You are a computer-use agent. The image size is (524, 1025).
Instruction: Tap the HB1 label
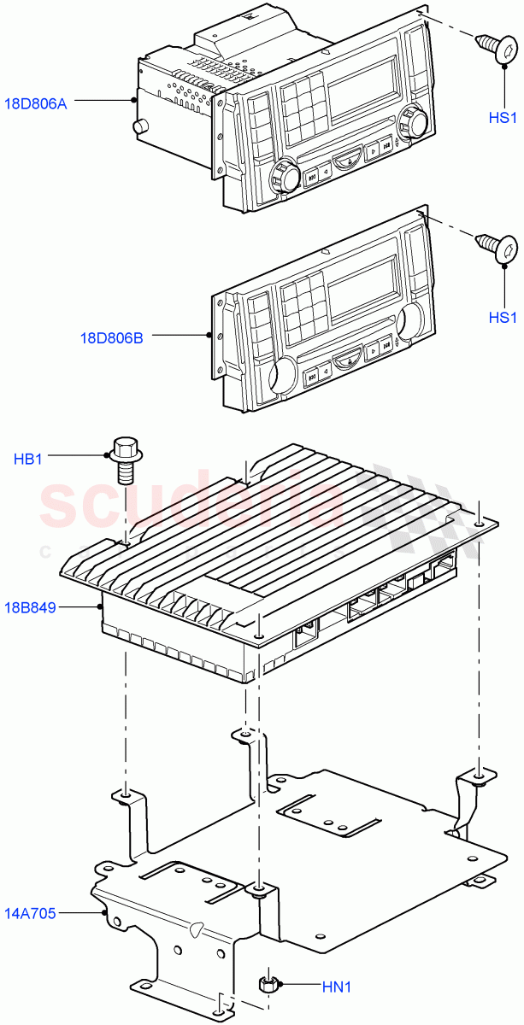tap(28, 460)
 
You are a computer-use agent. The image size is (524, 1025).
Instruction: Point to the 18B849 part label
tap(34, 608)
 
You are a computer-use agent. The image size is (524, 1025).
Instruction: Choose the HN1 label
tap(336, 987)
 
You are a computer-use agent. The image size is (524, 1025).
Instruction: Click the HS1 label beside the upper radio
tap(503, 117)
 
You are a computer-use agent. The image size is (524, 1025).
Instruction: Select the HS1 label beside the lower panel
tap(503, 317)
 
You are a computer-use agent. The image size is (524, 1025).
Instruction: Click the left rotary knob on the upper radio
tap(285, 178)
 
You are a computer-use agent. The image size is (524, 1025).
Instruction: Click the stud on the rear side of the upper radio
tap(138, 128)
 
